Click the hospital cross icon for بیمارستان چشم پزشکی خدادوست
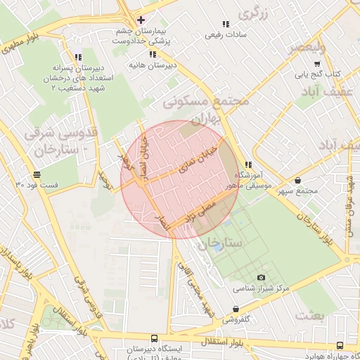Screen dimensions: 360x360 click(141, 20)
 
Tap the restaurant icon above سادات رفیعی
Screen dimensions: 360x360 click(225, 24)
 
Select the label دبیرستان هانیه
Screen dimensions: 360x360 click(152, 65)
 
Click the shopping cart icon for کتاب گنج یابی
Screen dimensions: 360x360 click(298, 63)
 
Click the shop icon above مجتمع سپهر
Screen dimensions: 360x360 click(299, 180)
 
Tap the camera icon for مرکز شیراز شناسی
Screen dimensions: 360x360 click(262, 278)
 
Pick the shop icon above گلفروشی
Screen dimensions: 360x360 click(234, 309)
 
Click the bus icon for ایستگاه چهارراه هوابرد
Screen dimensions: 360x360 click(340, 345)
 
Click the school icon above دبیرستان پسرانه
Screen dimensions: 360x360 click(77, 57)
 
